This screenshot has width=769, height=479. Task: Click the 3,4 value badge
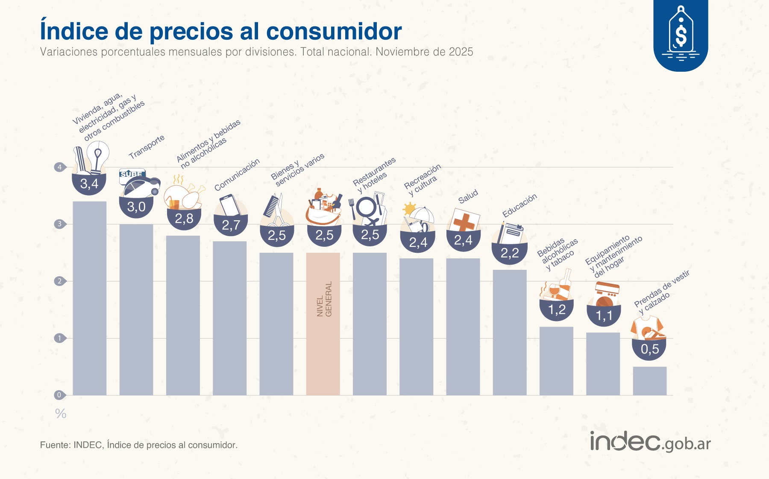[89, 184]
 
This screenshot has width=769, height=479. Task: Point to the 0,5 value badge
[649, 349]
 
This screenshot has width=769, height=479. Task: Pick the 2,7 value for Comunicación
[231, 225]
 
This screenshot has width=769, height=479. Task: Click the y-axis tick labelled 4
[59, 167]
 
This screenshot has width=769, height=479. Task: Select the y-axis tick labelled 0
[59, 395]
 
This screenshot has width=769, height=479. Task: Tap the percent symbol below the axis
[61, 413]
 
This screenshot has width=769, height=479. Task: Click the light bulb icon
[98, 155]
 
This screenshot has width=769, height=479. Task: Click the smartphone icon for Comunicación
[229, 205]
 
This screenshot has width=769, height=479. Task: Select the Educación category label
[520, 205]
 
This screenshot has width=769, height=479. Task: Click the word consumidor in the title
[334, 31]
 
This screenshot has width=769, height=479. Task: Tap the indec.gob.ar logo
[650, 442]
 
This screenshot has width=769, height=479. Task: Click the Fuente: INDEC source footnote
[139, 445]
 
